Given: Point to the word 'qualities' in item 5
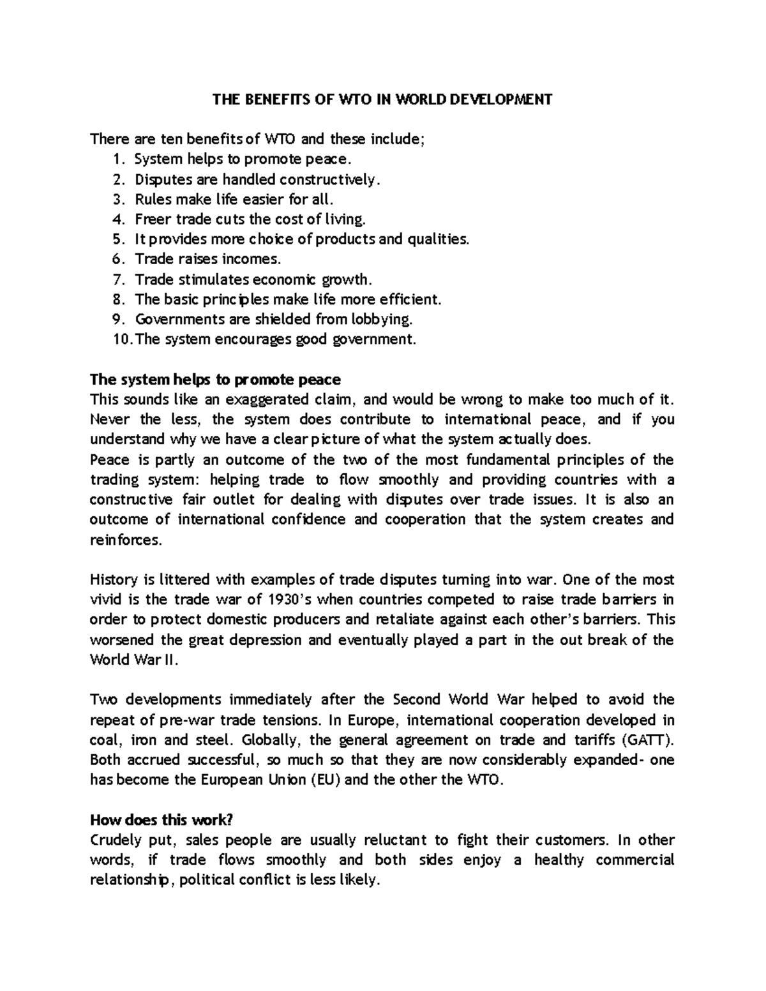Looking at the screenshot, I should tap(437, 239).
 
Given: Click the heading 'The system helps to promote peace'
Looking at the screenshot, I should tap(216, 380).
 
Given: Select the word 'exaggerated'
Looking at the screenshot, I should tap(296, 400).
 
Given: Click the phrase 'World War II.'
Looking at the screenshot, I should tap(131, 660).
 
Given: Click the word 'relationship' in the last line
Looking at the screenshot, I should tap(131, 880).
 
